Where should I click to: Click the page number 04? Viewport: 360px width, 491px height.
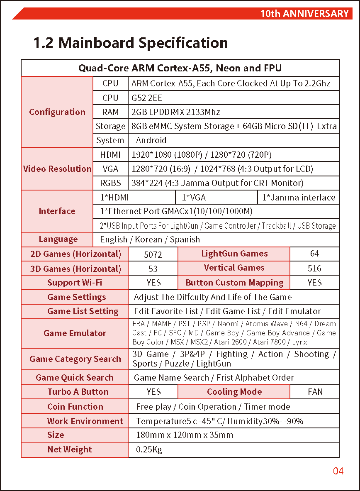338,471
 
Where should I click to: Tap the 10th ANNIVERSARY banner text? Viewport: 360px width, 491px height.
304,14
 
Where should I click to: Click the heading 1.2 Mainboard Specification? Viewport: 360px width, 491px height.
130,43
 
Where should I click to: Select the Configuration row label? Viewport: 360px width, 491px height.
57,112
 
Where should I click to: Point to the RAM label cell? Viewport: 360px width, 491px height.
110,112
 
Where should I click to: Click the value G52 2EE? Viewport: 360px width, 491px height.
147,98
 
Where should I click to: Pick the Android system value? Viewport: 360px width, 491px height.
151,140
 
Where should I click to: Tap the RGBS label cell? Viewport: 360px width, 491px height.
110,183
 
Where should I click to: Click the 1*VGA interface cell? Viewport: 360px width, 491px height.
194,198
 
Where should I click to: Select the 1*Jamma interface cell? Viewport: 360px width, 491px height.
299,198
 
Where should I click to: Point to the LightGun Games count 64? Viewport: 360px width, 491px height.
314,254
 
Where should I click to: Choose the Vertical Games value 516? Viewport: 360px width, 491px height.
314,269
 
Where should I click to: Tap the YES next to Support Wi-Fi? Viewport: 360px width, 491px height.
153,283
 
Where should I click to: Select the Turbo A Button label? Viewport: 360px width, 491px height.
78,392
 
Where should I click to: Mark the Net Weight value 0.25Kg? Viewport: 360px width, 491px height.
149,449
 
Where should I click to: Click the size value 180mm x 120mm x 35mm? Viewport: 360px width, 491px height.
185,435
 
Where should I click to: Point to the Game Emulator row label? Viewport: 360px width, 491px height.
75,333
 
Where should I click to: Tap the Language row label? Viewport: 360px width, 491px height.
58,239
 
